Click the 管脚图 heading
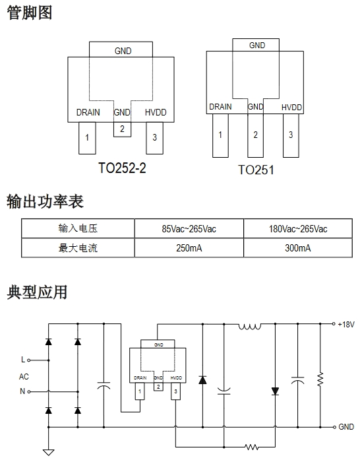click(x=29, y=13)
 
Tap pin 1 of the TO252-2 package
click(x=87, y=138)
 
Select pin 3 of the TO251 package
click(x=291, y=135)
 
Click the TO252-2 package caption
click(x=122, y=168)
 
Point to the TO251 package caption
click(x=256, y=170)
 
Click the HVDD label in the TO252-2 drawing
click(x=156, y=112)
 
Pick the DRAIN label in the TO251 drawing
click(x=220, y=107)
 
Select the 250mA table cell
click(x=189, y=248)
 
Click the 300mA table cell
click(x=298, y=248)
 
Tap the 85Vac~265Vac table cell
click(x=189, y=228)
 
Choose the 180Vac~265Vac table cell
click(x=298, y=228)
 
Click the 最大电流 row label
click(x=78, y=248)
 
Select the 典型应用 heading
click(x=37, y=292)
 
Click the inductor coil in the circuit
click(x=250, y=326)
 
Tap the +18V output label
click(x=346, y=325)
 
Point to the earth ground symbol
click(x=48, y=452)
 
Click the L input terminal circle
click(x=29, y=360)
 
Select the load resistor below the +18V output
click(x=320, y=379)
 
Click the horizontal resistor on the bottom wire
click(x=252, y=447)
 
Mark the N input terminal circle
click(x=29, y=391)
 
